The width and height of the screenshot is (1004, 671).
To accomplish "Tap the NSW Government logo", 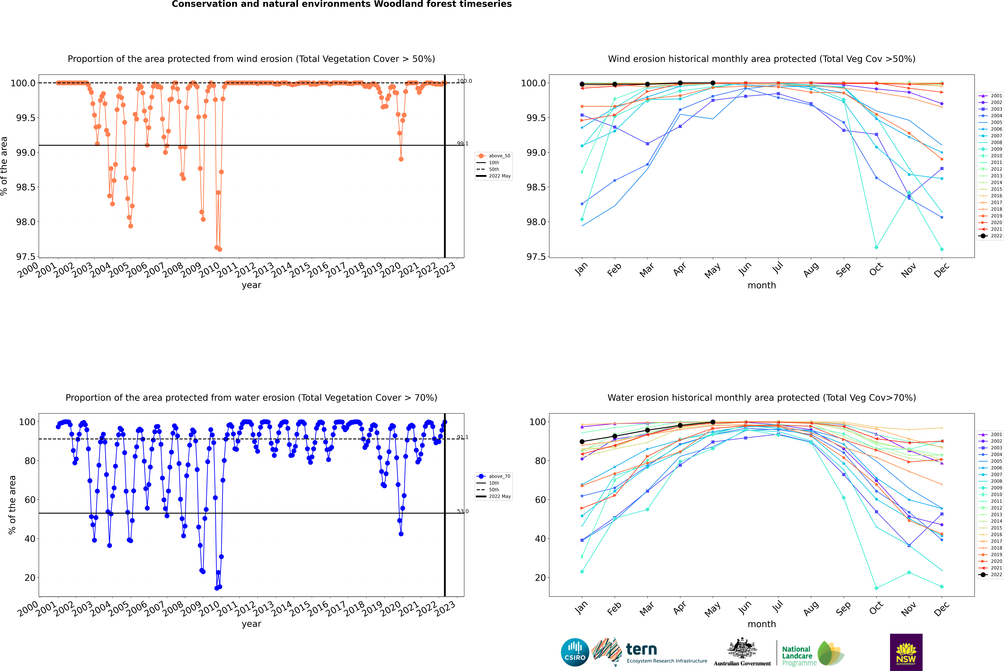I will click(906, 652).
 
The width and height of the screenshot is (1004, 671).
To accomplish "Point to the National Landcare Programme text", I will click(797, 656).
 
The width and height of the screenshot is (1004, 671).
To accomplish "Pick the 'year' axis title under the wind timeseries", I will click(251, 285).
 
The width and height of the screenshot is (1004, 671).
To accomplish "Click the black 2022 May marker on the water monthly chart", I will click(713, 422).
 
